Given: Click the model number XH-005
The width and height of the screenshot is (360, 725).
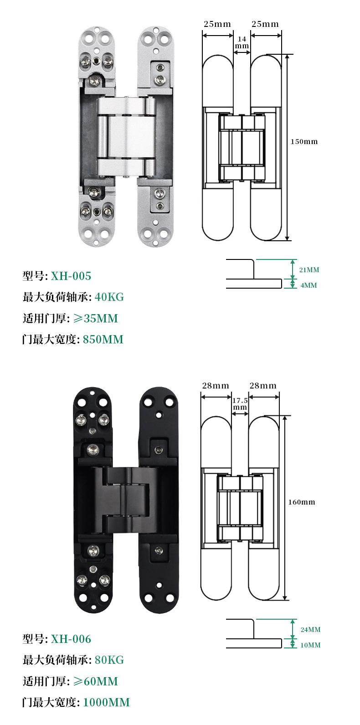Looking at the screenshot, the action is click(71, 276).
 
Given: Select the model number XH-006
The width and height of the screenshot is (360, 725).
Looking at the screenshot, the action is click(71, 639).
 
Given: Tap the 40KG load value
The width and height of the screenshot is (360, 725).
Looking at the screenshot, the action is click(109, 297).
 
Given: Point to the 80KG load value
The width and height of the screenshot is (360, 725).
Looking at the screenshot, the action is click(109, 660).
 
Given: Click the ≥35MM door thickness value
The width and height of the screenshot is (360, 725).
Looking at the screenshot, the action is click(96, 318).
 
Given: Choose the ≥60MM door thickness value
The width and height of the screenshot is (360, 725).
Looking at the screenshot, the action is click(96, 681).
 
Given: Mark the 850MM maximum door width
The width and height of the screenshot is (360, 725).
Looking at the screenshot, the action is click(103, 339).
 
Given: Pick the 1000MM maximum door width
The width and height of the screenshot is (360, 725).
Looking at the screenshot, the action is click(107, 702).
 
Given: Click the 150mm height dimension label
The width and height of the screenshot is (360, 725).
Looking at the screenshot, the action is click(304, 141).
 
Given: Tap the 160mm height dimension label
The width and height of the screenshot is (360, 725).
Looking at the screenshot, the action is click(302, 502).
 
